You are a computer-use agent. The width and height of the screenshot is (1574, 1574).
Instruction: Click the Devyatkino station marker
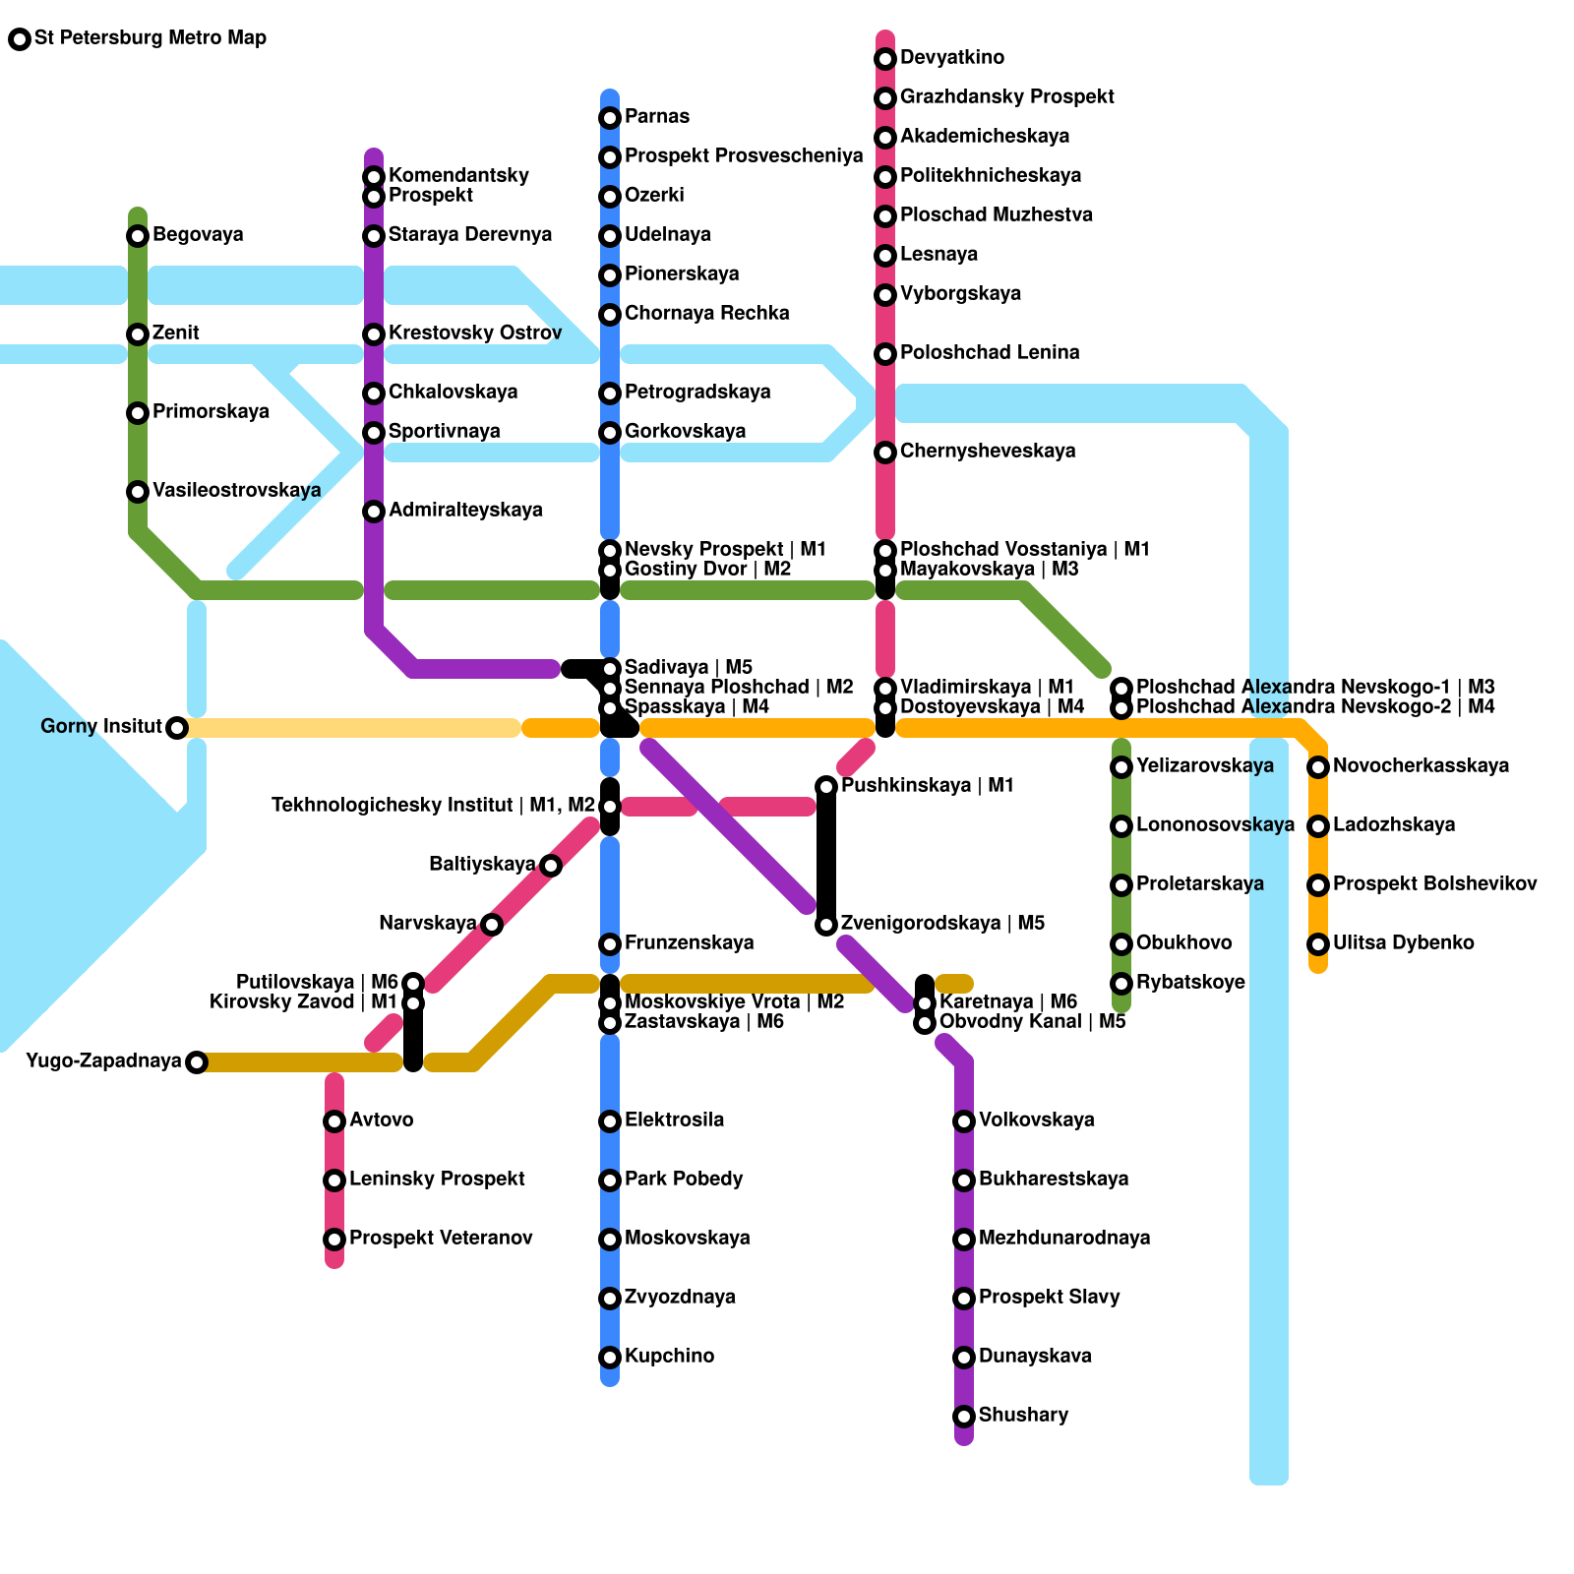click(x=885, y=59)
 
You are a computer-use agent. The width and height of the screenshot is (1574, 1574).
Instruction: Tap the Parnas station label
click(x=656, y=117)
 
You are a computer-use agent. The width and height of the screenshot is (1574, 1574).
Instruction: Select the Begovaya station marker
click(x=138, y=236)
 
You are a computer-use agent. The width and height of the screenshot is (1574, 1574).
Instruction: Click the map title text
click(x=150, y=38)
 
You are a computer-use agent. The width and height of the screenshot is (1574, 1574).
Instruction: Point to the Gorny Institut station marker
click(x=177, y=728)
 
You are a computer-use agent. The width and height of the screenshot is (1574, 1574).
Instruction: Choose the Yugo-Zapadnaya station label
click(x=103, y=1061)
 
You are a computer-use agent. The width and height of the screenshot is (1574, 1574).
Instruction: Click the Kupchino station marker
click(x=610, y=1358)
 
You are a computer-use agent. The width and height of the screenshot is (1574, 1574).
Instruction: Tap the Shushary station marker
click(x=964, y=1417)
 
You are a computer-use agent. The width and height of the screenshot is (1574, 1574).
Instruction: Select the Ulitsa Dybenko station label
click(x=1403, y=943)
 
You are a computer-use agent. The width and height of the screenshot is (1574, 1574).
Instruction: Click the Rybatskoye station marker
click(x=1121, y=984)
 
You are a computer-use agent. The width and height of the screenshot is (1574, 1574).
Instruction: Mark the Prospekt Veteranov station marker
click(x=334, y=1240)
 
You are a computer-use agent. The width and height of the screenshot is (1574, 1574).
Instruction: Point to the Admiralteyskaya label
click(x=465, y=511)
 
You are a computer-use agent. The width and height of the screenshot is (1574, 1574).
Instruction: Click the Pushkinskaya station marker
click(x=826, y=787)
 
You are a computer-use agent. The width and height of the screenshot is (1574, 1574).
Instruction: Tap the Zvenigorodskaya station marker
click(x=826, y=925)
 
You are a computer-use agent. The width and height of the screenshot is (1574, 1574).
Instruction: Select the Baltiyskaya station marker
click(x=551, y=866)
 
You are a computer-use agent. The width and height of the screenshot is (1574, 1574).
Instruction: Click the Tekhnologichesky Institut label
click(x=433, y=806)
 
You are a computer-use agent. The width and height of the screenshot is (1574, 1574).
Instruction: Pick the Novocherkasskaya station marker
click(x=1318, y=767)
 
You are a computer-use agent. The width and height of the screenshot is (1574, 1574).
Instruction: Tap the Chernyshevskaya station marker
click(x=885, y=453)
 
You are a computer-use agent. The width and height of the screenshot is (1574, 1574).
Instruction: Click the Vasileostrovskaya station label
click(x=236, y=491)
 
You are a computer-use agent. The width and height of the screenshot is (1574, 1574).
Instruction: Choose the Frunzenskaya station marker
click(x=610, y=944)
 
